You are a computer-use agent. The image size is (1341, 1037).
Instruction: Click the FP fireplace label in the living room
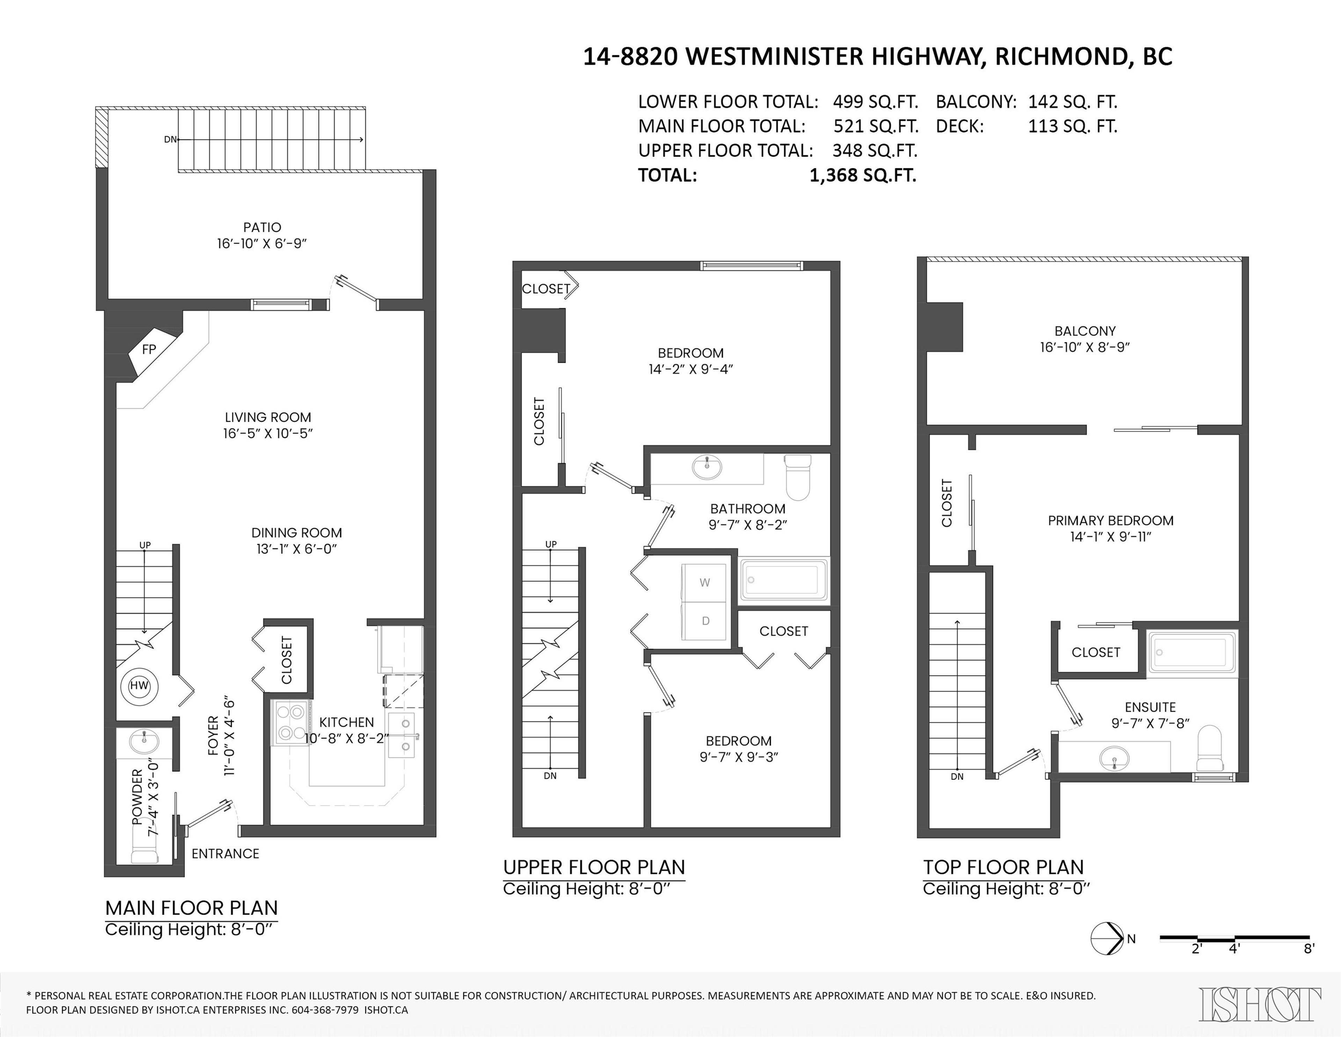148,349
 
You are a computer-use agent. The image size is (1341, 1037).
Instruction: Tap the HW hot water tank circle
139,685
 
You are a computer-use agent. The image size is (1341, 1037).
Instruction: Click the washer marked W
704,583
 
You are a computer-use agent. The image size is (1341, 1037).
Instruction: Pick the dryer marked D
705,621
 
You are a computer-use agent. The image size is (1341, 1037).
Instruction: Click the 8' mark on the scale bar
1309,949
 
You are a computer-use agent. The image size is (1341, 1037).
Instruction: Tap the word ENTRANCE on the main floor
225,853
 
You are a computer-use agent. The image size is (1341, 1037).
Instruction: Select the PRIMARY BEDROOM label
1110,521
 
